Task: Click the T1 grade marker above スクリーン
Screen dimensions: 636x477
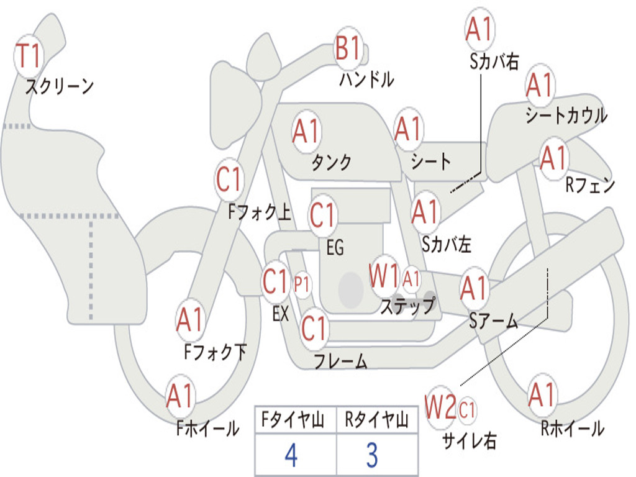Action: coord(29,56)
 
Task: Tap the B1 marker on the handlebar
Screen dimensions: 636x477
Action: coord(348,48)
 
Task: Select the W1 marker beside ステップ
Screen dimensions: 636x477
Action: coord(383,276)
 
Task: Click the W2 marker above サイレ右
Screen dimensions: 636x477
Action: coord(440,407)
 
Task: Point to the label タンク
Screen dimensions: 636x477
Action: coord(332,162)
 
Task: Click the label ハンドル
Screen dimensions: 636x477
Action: coord(366,79)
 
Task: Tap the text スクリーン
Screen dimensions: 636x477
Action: coord(60,86)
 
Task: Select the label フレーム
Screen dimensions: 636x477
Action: coord(341,361)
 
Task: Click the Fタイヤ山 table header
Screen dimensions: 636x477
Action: coord(293,420)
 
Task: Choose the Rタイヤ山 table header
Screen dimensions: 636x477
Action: coord(377,420)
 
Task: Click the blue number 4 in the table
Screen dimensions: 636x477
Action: coord(291,455)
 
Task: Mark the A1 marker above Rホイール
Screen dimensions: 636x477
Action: coord(542,394)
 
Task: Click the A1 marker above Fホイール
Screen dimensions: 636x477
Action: coord(179,396)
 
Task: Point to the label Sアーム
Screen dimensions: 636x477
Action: coord(494,322)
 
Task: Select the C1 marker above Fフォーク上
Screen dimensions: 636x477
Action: coord(229,179)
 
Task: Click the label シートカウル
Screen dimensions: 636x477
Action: coord(566,115)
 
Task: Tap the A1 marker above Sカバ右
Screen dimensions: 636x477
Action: coord(480,29)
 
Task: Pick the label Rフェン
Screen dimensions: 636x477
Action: coord(590,185)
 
